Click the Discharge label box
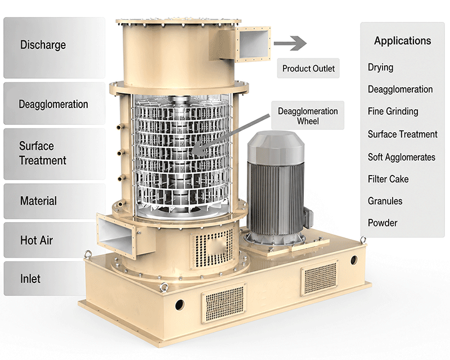click(54, 48)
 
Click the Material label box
click(54, 201)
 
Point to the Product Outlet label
click(308, 68)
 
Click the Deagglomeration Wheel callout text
click(308, 116)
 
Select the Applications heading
click(402, 40)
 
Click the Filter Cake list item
click(388, 179)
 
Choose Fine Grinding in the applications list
click(393, 111)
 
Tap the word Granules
click(385, 201)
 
